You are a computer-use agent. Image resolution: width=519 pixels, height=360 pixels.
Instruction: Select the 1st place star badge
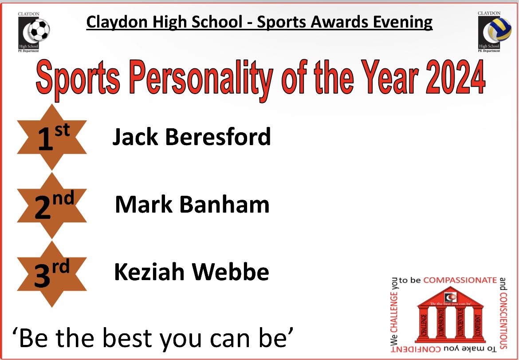[x=52, y=137]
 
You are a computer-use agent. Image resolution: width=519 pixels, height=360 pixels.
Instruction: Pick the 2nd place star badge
[x=52, y=205]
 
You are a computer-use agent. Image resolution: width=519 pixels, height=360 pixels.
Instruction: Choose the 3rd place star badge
[x=52, y=273]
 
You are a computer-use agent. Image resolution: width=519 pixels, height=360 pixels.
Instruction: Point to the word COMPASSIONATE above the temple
[x=460, y=280]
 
